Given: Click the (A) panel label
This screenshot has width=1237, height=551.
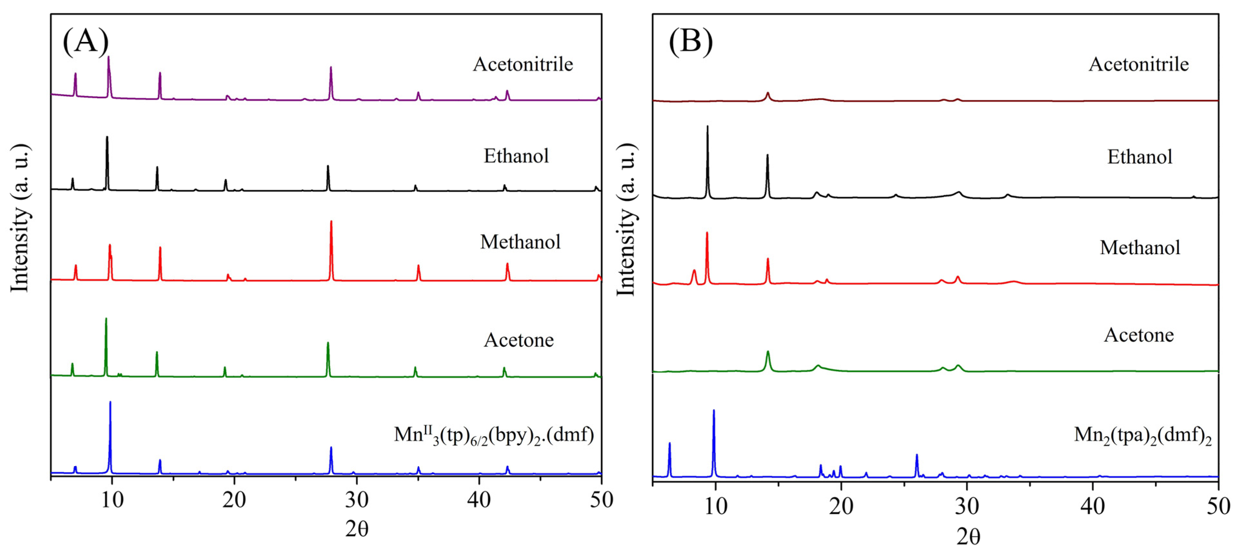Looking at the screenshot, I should (x=85, y=41).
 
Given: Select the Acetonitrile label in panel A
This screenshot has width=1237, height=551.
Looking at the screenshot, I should (x=523, y=64).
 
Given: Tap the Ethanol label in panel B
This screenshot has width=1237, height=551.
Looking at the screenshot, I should (x=1140, y=157).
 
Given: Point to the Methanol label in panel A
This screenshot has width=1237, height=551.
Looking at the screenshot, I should (x=520, y=242).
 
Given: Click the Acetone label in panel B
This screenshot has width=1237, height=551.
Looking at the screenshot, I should (x=1139, y=335).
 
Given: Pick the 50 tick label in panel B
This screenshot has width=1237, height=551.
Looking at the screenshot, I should (x=1218, y=506).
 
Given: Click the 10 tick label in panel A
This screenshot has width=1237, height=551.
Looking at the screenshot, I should (x=112, y=500).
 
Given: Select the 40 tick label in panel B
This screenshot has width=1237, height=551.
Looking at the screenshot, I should (x=1092, y=506).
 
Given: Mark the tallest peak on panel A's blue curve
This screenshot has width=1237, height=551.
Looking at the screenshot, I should (x=110, y=402).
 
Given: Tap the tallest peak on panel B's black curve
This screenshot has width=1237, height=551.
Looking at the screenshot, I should (x=707, y=127).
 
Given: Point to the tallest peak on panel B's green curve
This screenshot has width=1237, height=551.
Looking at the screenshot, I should (x=767, y=352).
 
